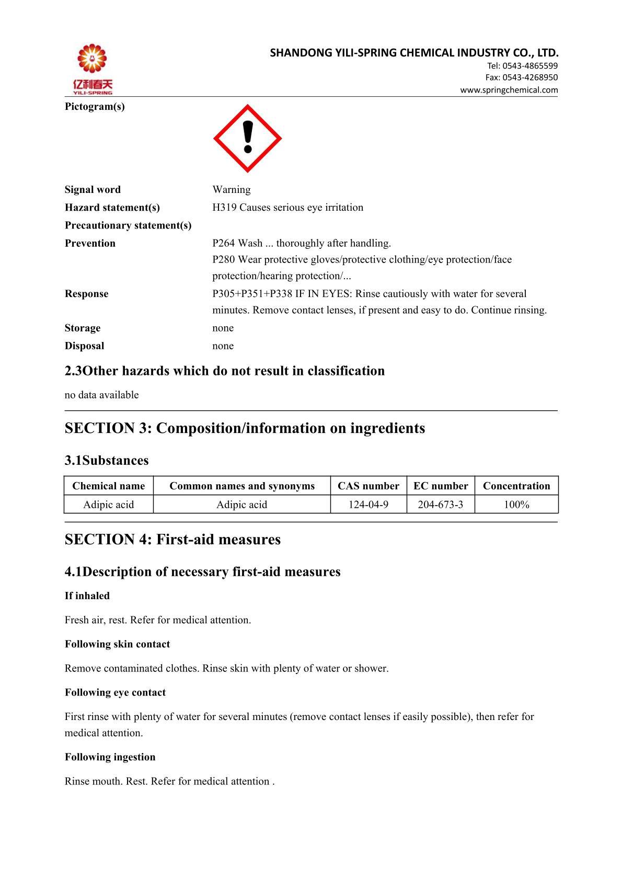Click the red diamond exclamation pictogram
point(247,139)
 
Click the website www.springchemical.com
point(509,90)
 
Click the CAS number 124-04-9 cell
point(368,505)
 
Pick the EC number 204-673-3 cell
point(441,505)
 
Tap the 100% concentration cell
point(516,505)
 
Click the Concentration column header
point(516,486)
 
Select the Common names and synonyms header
point(242,486)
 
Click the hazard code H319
point(224,208)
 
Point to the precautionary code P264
point(224,243)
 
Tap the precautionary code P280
point(224,260)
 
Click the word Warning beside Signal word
point(232,190)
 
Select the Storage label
point(83,328)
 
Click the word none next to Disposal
point(223,346)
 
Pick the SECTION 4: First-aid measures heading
point(172,540)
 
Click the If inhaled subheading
point(87,596)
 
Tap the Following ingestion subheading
point(110,757)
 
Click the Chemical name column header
point(109,486)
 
